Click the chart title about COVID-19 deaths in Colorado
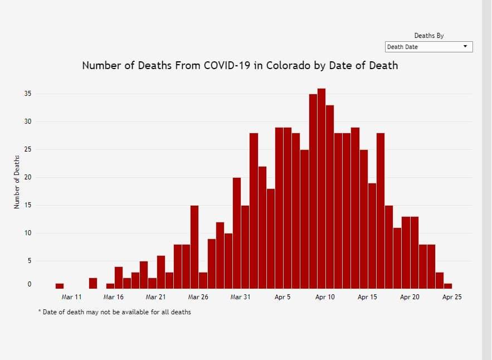click(x=240, y=66)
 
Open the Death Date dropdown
click(x=428, y=47)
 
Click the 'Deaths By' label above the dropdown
click(x=428, y=36)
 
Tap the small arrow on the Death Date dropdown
click(x=465, y=47)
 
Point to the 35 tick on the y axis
click(x=27, y=94)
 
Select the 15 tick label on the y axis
click(x=27, y=205)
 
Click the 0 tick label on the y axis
click(x=29, y=285)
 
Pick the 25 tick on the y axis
click(x=27, y=149)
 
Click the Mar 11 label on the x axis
click(x=71, y=297)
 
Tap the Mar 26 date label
click(x=198, y=297)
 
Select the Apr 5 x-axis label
click(x=282, y=297)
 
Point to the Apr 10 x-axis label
click(x=325, y=297)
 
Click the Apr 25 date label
click(x=451, y=297)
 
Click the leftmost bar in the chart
click(x=60, y=286)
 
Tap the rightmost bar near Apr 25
click(x=448, y=286)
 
